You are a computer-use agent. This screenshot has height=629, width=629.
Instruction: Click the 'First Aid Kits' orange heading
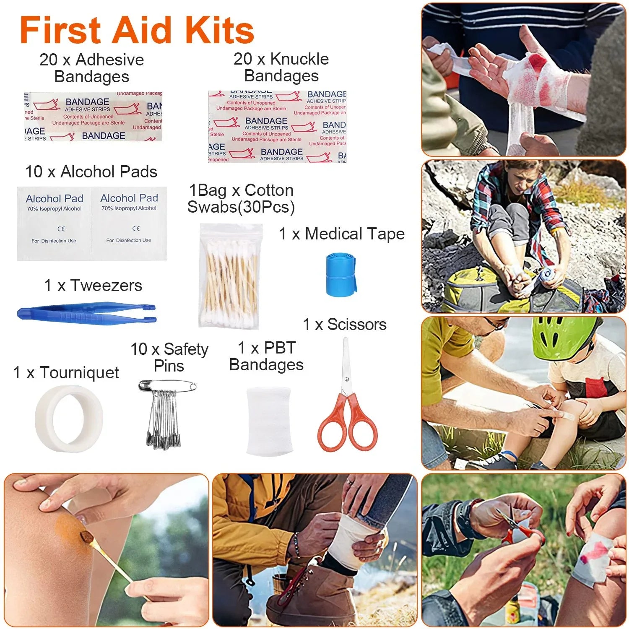point(137,30)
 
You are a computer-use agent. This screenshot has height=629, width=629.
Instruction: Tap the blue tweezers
point(86,314)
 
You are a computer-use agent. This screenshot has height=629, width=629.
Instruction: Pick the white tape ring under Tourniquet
point(69,418)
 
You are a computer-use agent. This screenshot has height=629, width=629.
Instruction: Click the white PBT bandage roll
point(268,421)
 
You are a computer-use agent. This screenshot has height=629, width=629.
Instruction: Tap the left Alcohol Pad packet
point(54,224)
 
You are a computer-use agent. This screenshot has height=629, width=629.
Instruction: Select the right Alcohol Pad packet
point(129,224)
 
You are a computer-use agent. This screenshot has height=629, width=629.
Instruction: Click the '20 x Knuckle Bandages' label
point(281,67)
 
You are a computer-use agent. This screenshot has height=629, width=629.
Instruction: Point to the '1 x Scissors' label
point(344,324)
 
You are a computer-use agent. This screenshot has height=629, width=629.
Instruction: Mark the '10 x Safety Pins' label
point(169,357)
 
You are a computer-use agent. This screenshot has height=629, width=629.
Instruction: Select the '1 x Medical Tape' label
point(342,234)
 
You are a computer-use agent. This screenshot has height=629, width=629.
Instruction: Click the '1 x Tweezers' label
point(93,285)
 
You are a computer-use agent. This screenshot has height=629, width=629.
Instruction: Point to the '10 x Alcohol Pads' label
point(91,172)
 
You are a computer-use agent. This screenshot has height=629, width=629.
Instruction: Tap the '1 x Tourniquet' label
point(66,372)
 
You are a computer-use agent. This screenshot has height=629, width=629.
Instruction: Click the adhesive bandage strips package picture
point(93,117)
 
